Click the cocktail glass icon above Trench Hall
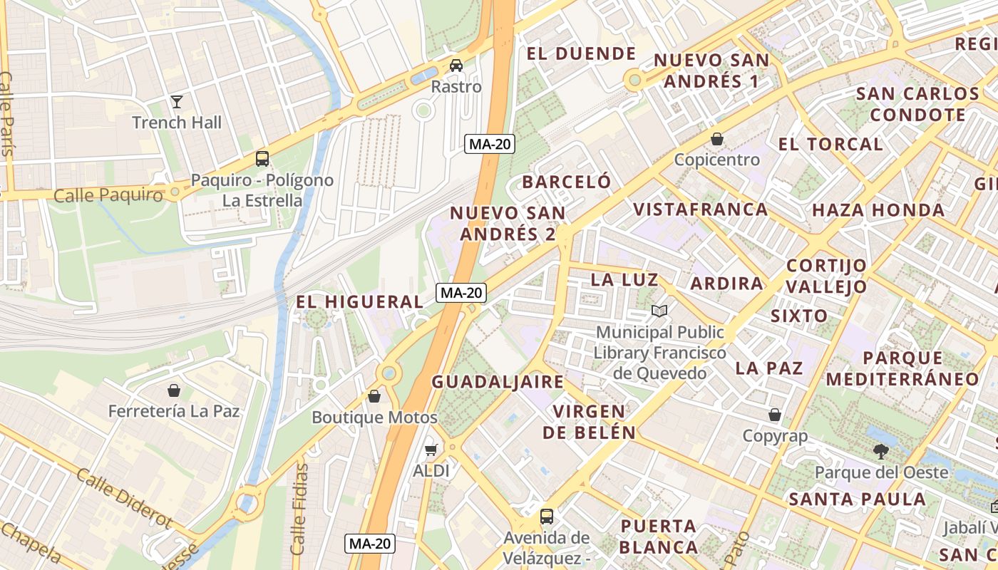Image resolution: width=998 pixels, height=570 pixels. [x=177, y=102]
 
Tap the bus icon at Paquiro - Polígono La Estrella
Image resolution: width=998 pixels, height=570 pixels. [x=262, y=159]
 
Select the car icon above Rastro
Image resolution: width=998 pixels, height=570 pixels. [x=456, y=66]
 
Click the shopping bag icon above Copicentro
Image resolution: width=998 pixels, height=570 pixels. [x=717, y=139]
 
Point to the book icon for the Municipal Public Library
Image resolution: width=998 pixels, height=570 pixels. [x=660, y=311]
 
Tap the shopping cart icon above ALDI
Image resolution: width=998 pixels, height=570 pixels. [x=431, y=450]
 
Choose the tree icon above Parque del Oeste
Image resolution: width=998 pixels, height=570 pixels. [x=881, y=451]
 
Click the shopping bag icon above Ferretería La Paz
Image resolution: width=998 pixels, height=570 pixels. [x=173, y=390]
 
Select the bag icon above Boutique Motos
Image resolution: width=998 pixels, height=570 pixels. [x=374, y=396]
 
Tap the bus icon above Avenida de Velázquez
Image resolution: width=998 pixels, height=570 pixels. [x=547, y=517]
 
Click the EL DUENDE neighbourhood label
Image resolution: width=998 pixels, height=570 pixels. [x=581, y=53]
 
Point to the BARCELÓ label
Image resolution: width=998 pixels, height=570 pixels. [x=567, y=182]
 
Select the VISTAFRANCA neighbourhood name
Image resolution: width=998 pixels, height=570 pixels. [x=701, y=209]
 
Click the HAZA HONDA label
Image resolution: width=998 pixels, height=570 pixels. [x=878, y=210]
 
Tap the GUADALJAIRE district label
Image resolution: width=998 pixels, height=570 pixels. [x=498, y=382]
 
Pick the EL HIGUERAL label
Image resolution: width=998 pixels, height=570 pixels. [x=360, y=302]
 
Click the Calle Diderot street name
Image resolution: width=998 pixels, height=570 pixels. [x=124, y=498]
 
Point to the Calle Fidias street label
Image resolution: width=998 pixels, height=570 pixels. [x=300, y=509]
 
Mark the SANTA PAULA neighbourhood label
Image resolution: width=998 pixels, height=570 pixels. [x=857, y=499]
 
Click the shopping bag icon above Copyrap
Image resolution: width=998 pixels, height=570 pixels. [x=775, y=415]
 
